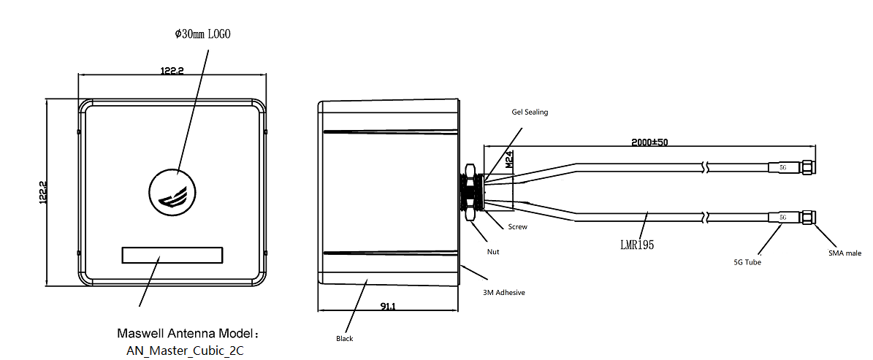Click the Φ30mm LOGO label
tap(202, 34)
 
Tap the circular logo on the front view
tap(173, 191)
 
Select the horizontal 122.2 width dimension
tap(172, 71)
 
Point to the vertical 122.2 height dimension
tap(43, 193)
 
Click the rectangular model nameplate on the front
tap(172, 256)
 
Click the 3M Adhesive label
tap(503, 292)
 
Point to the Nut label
tap(492, 251)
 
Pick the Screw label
tap(517, 227)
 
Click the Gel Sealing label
tap(530, 112)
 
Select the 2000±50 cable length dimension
tap(649, 142)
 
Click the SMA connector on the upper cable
tap(807, 166)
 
